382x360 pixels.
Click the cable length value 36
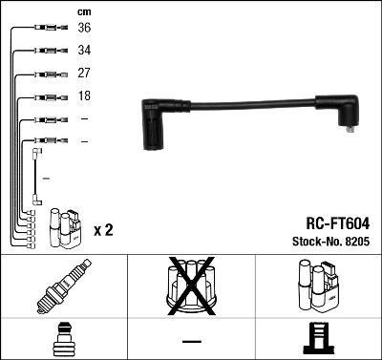coord(84,28)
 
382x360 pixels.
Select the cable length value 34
coord(84,50)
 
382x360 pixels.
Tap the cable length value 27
coord(84,73)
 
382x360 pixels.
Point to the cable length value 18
coord(84,96)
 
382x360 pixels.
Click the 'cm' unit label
coord(83,11)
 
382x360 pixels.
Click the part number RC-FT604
coord(338,222)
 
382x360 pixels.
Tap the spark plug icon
coord(63,286)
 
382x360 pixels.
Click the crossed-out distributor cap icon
coord(190,286)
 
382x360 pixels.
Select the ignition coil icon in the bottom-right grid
coord(317,286)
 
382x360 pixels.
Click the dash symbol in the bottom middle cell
coord(191,340)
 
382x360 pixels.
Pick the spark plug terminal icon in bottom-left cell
coord(63,338)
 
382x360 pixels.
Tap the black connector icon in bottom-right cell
coord(317,338)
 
